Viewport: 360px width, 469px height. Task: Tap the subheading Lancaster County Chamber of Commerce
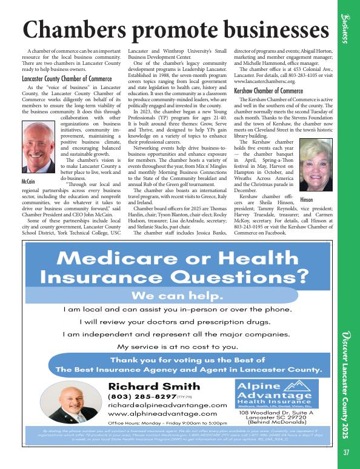(66, 79)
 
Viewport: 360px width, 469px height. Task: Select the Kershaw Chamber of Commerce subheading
(268, 90)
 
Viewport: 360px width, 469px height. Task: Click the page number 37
(346, 452)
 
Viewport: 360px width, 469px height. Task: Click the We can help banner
(178, 296)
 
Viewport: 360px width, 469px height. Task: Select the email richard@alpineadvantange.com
(167, 405)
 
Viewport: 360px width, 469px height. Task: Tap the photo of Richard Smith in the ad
(76, 406)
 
